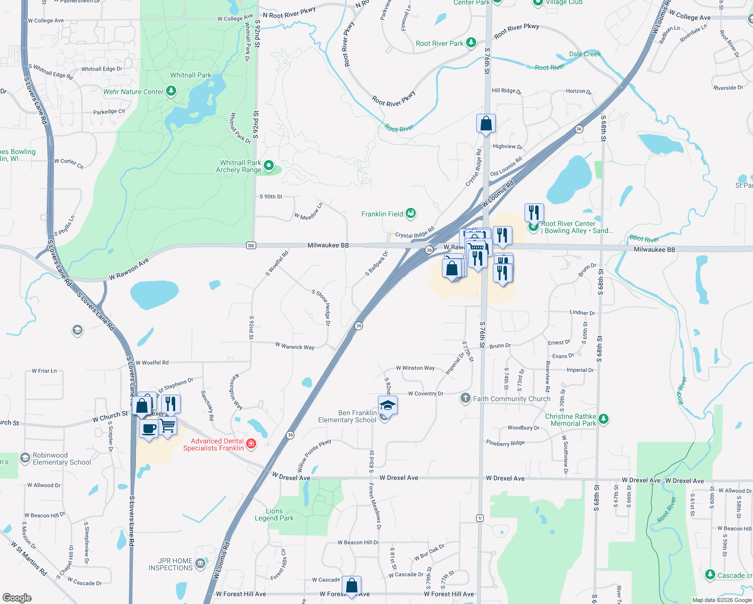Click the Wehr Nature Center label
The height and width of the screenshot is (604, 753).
pos(133,92)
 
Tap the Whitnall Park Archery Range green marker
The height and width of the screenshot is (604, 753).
pos(269,165)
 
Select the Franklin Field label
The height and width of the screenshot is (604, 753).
pos(382,214)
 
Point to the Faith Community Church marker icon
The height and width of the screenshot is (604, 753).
pos(466,398)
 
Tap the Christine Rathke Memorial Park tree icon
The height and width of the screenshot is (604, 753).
pos(604,419)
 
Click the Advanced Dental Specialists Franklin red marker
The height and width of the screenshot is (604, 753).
pos(251,443)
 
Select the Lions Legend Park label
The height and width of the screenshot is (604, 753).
pos(274,514)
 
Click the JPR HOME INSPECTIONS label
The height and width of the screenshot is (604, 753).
pos(170,564)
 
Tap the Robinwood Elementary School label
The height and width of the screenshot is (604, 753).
pos(62,459)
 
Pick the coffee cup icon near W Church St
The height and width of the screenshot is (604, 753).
pos(148,429)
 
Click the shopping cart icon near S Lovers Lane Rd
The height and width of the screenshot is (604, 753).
pos(168,426)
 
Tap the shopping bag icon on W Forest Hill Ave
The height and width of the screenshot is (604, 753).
pos(351,585)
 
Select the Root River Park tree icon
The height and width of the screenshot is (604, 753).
pos(471,43)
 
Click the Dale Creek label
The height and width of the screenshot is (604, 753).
pos(585,54)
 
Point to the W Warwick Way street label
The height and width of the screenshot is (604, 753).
pos(294,346)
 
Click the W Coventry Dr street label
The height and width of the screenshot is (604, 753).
pos(425,394)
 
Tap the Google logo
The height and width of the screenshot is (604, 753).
pos(17,598)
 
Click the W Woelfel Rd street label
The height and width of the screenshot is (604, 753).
pos(152,362)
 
